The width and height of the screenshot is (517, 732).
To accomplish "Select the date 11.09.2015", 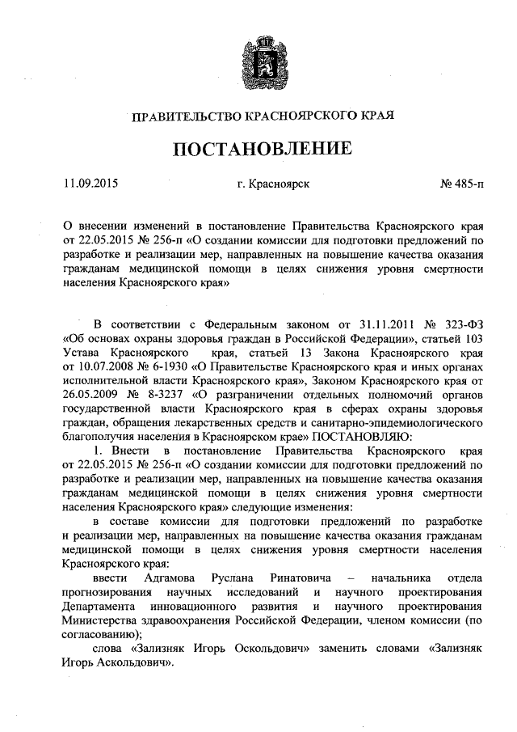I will coord(90,184).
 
